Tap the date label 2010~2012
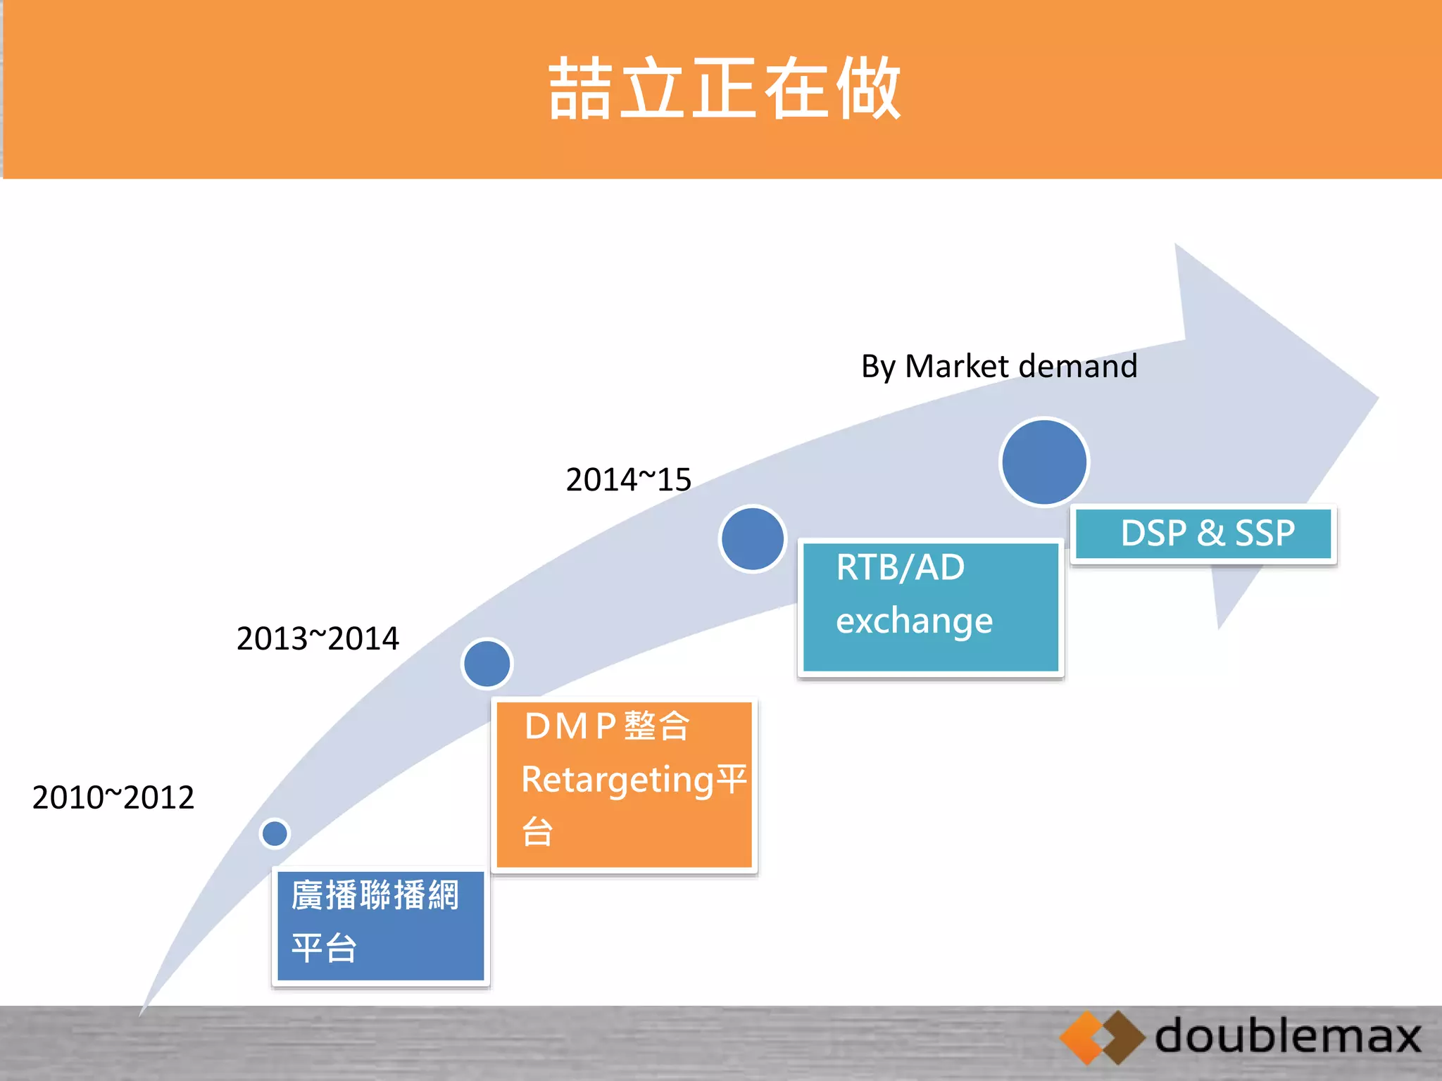113,797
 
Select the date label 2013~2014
318,638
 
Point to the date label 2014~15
628,480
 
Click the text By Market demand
998,367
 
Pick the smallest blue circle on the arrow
275,833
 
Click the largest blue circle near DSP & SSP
1044,462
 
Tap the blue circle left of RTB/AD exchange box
753,538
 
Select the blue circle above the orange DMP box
487,663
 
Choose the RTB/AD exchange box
930,608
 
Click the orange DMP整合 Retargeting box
624,785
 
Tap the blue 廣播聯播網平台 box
380,925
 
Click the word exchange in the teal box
914,621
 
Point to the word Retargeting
617,780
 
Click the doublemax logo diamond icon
1102,1037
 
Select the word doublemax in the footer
1287,1037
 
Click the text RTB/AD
900,567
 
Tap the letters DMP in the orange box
570,726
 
